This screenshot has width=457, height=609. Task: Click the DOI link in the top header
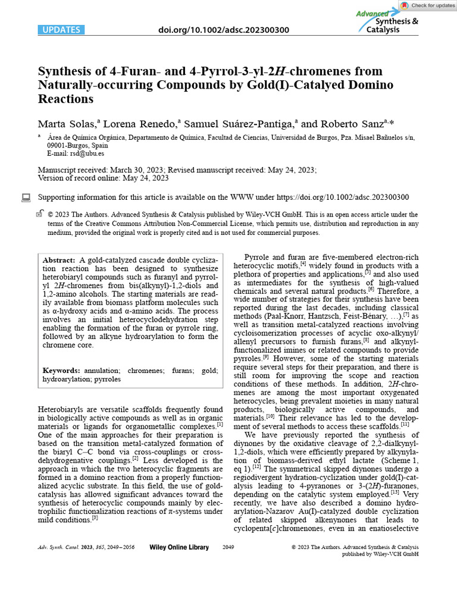pyautogui.click(x=224, y=29)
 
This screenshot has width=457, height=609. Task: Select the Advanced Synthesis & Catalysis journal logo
pyautogui.click(x=386, y=21)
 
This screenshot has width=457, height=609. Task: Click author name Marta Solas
pyautogui.click(x=67, y=124)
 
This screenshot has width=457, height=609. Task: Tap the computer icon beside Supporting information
pyautogui.click(x=26, y=197)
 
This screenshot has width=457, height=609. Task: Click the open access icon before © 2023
pyautogui.click(x=40, y=214)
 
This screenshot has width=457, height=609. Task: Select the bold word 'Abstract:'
pyautogui.click(x=59, y=260)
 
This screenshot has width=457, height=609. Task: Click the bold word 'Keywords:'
pyautogui.click(x=61, y=370)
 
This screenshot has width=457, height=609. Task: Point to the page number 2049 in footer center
pyautogui.click(x=228, y=547)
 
